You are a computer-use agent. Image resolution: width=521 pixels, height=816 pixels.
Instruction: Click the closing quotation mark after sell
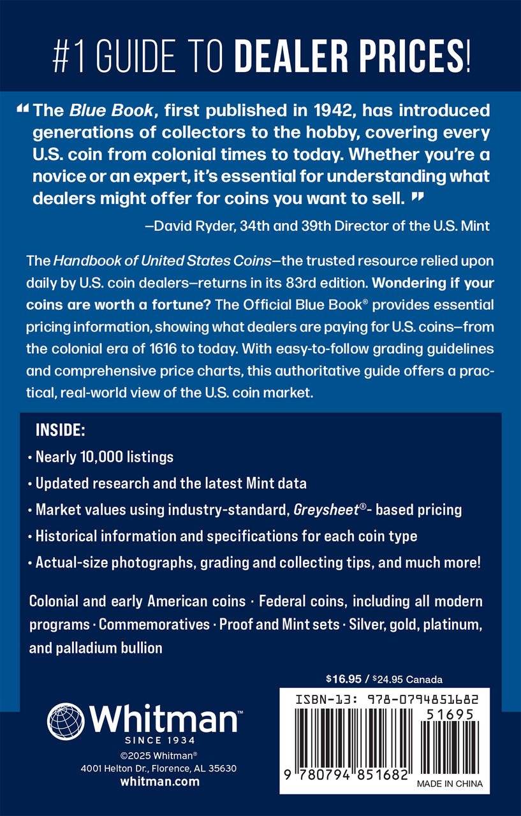(x=418, y=198)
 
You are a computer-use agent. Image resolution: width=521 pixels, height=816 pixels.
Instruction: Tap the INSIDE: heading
(x=59, y=430)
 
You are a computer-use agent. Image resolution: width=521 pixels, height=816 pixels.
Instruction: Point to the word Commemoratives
(x=154, y=624)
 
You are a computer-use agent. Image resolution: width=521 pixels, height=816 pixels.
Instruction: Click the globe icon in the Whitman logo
(x=66, y=720)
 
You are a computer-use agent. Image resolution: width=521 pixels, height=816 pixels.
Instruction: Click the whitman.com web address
(x=159, y=782)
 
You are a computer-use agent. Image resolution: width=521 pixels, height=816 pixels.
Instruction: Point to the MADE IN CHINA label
(x=450, y=784)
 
